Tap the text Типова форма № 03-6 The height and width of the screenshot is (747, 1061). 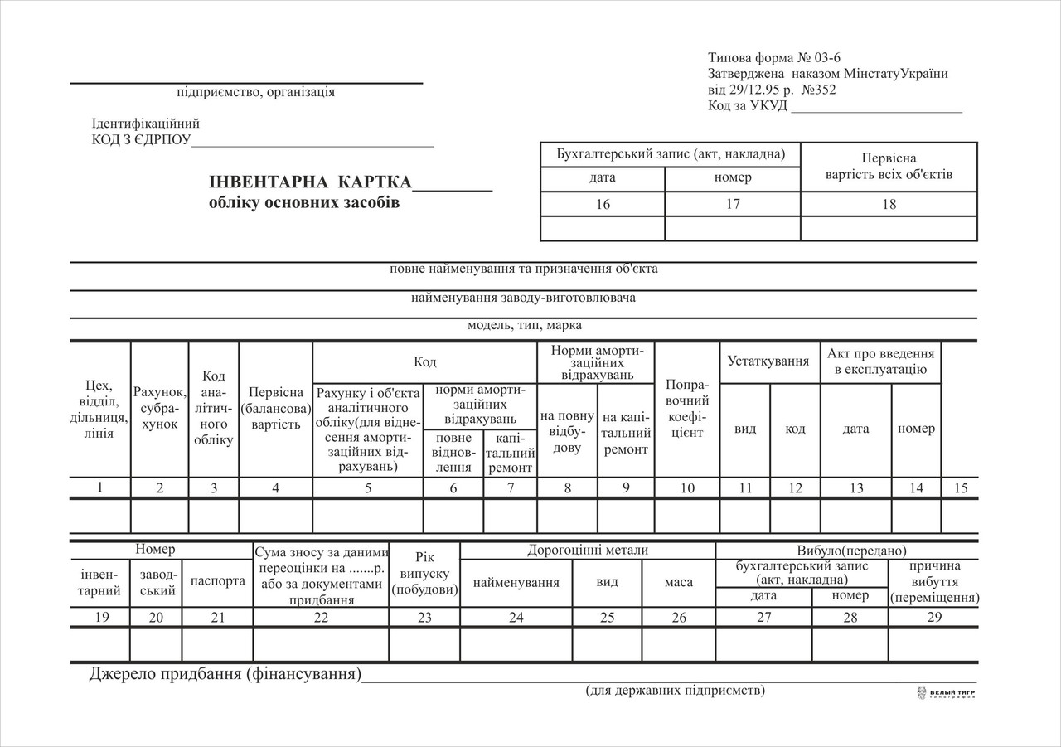768,58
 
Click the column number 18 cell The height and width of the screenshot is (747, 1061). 889,204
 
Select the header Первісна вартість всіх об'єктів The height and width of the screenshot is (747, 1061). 889,167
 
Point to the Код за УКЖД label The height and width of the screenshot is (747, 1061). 748,106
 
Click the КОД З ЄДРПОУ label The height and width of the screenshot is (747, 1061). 141,139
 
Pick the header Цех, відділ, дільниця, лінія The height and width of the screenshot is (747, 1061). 99,410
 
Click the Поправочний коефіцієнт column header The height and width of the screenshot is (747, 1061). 686,410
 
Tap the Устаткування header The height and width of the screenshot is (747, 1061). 768,361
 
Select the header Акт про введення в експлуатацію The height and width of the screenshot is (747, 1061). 880,361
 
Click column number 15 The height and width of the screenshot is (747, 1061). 960,488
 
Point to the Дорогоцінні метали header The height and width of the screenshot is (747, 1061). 587,551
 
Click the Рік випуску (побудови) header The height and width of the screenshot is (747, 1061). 424,574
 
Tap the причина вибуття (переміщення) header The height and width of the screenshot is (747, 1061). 933,581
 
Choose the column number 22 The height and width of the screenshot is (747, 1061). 321,618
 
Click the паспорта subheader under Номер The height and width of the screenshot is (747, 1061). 217,581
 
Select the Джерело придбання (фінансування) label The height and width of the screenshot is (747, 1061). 225,674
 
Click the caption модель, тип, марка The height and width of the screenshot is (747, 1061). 524,325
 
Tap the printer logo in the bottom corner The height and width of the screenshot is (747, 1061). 945,693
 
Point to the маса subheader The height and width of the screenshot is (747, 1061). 679,582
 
